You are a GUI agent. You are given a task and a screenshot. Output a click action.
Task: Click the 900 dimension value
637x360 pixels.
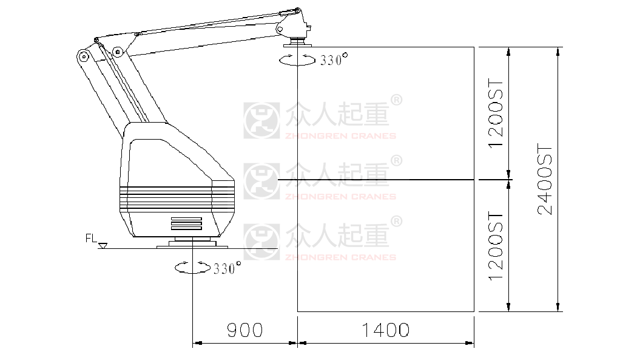click(x=244, y=330)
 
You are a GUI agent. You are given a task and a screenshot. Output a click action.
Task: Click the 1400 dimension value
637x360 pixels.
click(x=385, y=330)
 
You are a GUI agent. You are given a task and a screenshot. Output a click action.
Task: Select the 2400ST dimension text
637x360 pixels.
click(x=545, y=178)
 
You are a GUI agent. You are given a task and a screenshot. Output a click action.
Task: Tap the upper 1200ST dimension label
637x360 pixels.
click(x=496, y=113)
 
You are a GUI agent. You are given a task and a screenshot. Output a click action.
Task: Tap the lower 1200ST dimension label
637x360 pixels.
click(x=496, y=245)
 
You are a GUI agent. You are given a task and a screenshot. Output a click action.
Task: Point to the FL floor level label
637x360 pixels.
click(x=91, y=238)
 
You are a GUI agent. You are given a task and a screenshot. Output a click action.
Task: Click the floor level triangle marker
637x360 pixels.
click(x=103, y=245)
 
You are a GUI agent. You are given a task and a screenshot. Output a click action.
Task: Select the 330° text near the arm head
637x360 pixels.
click(x=334, y=59)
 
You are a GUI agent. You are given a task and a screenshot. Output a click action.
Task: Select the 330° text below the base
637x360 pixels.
click(x=227, y=268)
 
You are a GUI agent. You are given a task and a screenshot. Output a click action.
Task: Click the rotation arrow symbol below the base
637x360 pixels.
click(x=192, y=268)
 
